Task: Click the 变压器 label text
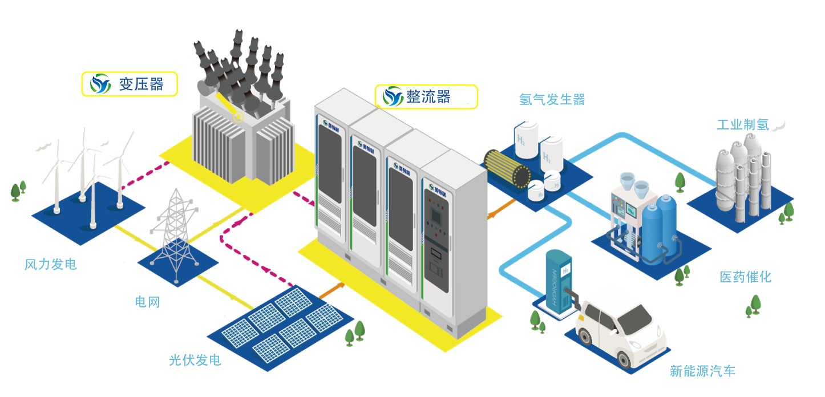[x=141, y=84]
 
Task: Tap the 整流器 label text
[x=428, y=97]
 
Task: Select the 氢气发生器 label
[x=552, y=100]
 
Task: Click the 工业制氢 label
[x=743, y=125]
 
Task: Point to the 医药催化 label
[x=745, y=277]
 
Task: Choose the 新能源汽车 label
[x=702, y=371]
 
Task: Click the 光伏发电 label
[x=195, y=360]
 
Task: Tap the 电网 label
[x=147, y=302]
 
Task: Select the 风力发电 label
[x=51, y=265]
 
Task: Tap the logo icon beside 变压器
[x=101, y=84]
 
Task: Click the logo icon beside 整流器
[x=393, y=96]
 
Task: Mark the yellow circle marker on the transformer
[x=238, y=117]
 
